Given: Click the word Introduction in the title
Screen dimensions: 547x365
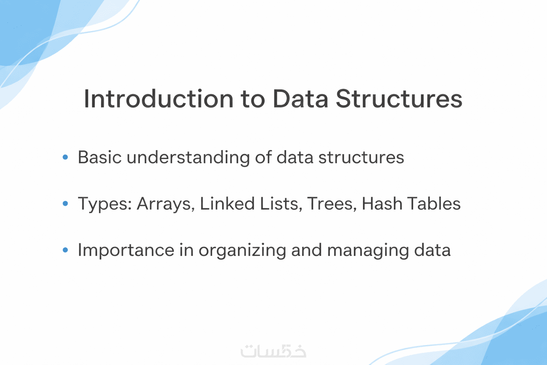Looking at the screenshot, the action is pyautogui.click(x=159, y=98).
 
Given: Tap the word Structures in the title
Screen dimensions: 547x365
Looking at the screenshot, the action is pyautogui.click(x=399, y=98).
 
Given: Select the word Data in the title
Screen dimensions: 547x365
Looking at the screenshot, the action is pyautogui.click(x=301, y=98).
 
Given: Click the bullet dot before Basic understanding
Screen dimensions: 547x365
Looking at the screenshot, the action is pyautogui.click(x=65, y=157).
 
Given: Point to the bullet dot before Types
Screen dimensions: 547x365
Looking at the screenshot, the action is pyautogui.click(x=65, y=203).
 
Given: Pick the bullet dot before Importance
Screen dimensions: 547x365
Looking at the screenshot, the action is pyautogui.click(x=65, y=250).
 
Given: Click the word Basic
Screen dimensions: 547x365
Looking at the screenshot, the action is pyautogui.click(x=100, y=157).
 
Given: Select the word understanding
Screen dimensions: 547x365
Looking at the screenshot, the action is pyautogui.click(x=188, y=158).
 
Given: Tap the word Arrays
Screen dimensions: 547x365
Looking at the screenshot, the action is pyautogui.click(x=166, y=204).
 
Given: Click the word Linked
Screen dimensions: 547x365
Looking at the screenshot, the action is pyautogui.click(x=227, y=204).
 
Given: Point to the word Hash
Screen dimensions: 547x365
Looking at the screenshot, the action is pyautogui.click(x=382, y=204).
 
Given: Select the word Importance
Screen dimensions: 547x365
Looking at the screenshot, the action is pyautogui.click(x=126, y=251).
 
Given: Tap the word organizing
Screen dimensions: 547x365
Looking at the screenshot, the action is pyautogui.click(x=242, y=251).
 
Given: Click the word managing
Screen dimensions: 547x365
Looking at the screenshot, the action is pyautogui.click(x=368, y=251).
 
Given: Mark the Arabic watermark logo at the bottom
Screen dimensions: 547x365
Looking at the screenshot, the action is pyautogui.click(x=273, y=351).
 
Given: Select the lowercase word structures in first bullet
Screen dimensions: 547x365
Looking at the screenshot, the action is pyautogui.click(x=361, y=158).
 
